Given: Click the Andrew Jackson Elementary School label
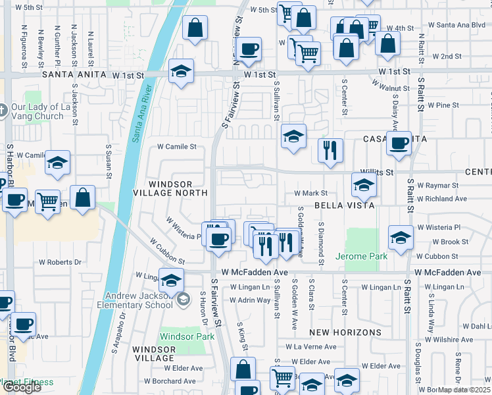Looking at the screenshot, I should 138,301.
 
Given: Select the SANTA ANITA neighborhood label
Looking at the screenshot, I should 74,75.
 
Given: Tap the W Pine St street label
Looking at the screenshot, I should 443,105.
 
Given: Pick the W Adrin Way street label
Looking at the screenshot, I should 250,300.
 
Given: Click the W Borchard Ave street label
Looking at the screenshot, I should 170,381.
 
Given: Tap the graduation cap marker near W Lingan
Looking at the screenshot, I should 171,281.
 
